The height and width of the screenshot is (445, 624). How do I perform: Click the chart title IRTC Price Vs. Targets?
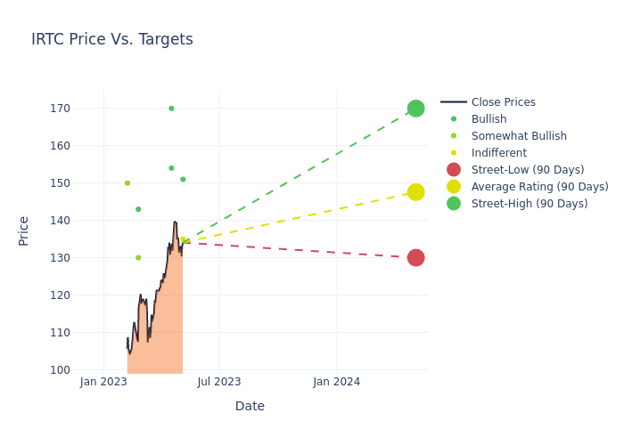tap(112, 40)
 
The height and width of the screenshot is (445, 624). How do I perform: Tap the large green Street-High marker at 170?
tap(415, 109)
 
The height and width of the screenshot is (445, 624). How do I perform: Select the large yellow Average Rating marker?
tap(415, 192)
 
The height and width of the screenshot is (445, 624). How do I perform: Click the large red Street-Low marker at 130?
tap(415, 258)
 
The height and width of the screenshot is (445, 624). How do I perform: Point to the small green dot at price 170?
tap(171, 109)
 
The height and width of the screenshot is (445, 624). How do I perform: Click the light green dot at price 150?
tap(127, 183)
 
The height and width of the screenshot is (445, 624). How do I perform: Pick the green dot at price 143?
tap(138, 209)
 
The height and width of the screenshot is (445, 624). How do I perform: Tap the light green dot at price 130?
tap(138, 258)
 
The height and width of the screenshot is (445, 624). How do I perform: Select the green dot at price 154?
tap(171, 168)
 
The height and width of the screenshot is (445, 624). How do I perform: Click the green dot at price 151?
tap(183, 180)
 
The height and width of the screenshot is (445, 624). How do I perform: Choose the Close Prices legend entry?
tap(503, 102)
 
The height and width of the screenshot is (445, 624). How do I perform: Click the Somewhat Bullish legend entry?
tap(519, 136)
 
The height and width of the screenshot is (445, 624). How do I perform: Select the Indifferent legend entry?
tap(498, 153)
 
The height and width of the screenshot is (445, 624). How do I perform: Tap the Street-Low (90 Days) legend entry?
tap(528, 170)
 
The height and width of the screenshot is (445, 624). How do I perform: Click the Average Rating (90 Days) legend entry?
tap(539, 187)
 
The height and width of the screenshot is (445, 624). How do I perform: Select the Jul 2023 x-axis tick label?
tap(219, 382)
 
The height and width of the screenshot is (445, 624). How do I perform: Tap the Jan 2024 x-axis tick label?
tap(337, 382)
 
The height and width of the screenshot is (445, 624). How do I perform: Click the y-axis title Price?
tap(24, 231)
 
